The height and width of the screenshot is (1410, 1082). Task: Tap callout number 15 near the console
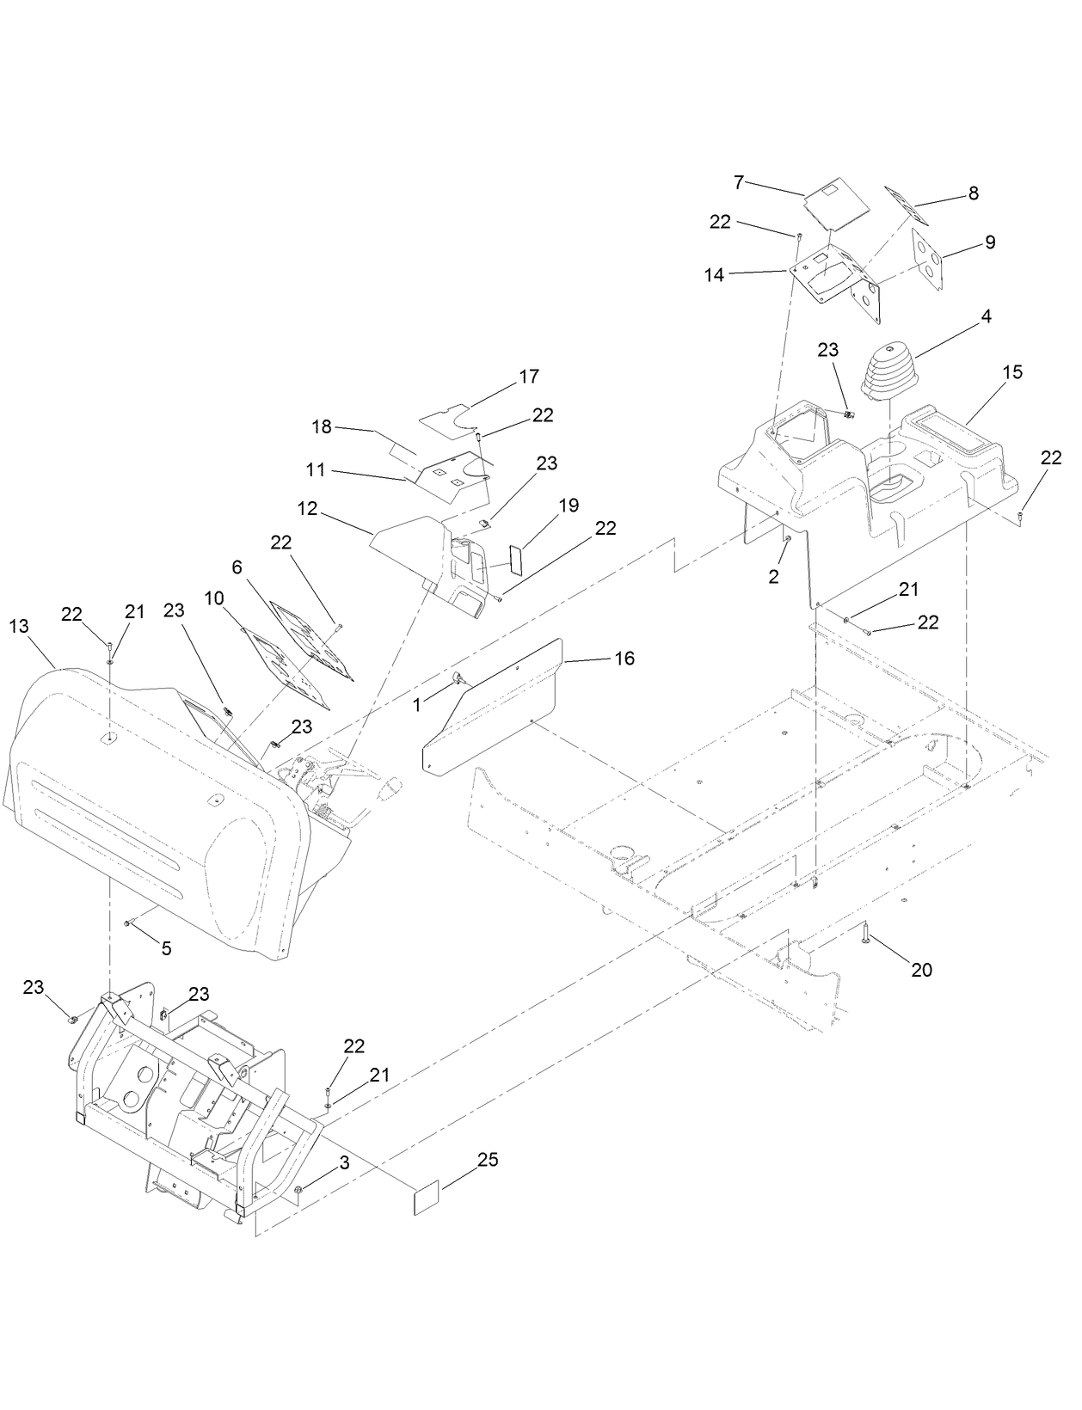click(1011, 372)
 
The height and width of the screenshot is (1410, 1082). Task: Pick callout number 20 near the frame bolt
click(921, 970)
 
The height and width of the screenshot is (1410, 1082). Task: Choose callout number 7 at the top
click(738, 182)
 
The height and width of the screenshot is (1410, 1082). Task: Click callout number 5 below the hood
click(166, 948)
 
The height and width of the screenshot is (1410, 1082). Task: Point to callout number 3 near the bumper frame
click(344, 1163)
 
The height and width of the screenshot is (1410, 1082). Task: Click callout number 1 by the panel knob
click(417, 704)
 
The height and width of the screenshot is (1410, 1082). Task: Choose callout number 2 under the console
click(773, 577)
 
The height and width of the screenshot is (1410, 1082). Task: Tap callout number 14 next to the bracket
click(715, 275)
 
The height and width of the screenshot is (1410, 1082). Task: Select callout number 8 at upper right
click(973, 193)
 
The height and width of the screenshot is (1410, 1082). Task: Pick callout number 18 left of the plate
click(321, 427)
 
